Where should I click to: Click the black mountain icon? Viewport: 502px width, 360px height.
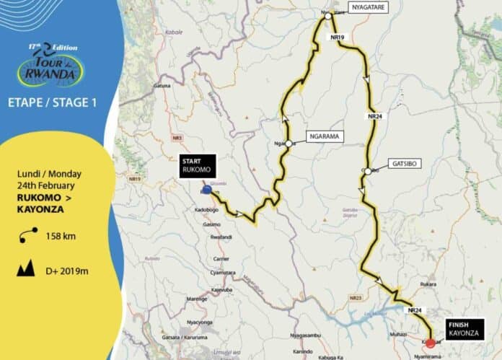[x=27, y=270]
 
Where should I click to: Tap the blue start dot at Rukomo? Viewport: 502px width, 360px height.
[x=207, y=190]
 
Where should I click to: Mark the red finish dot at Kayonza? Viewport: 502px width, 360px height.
[x=431, y=343]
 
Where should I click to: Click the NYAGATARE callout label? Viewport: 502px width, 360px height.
[x=370, y=8]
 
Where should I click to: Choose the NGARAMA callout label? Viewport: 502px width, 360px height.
[x=325, y=136]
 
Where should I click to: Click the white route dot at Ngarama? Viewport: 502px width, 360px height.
[x=288, y=144]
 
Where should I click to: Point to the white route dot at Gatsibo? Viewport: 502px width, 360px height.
[x=367, y=171]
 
